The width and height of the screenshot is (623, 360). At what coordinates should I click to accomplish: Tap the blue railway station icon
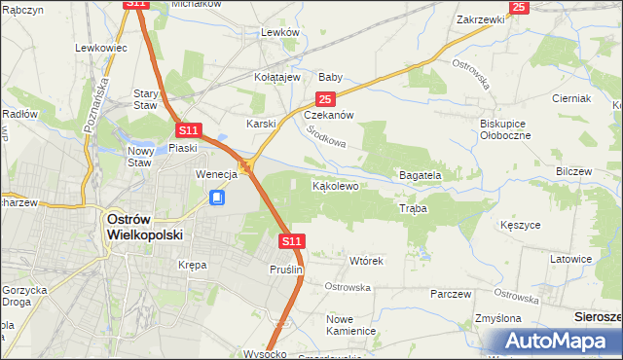(x=218, y=198)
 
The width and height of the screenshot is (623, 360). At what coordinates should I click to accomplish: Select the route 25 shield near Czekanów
(x=326, y=99)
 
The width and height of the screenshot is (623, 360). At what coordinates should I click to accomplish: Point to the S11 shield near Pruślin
(x=292, y=240)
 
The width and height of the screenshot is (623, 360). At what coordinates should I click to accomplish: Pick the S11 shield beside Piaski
(x=189, y=129)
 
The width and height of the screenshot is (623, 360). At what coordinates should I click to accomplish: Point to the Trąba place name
(x=413, y=209)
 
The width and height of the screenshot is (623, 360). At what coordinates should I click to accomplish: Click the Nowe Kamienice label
(x=351, y=325)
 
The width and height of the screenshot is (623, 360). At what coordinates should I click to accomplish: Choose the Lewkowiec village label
(x=101, y=48)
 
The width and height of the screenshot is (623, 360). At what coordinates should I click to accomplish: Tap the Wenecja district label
(x=216, y=174)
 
